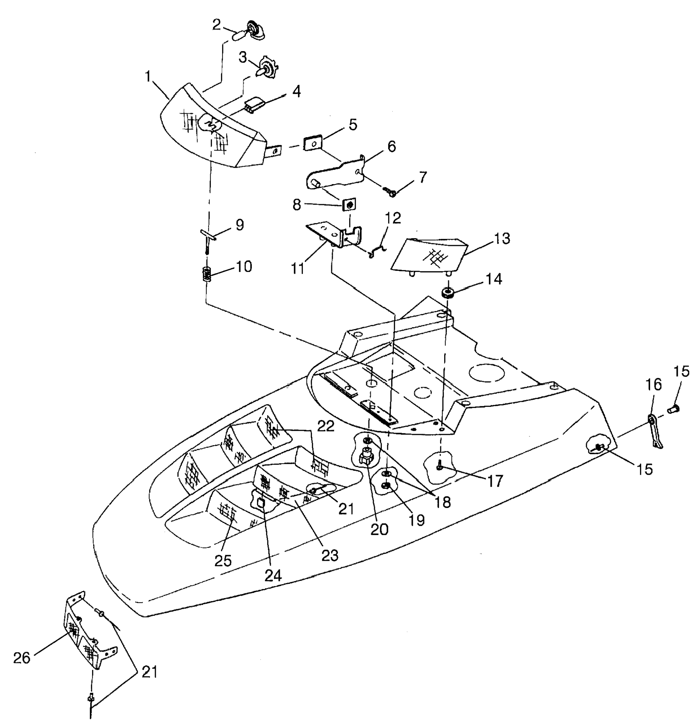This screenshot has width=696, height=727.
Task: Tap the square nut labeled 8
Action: pos(349,205)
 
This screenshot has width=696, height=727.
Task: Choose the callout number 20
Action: pos(380,529)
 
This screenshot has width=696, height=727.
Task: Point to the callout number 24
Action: pos(273,576)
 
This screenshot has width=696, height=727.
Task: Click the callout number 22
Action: pos(326,426)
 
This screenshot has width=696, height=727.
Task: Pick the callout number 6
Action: pos(391,146)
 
